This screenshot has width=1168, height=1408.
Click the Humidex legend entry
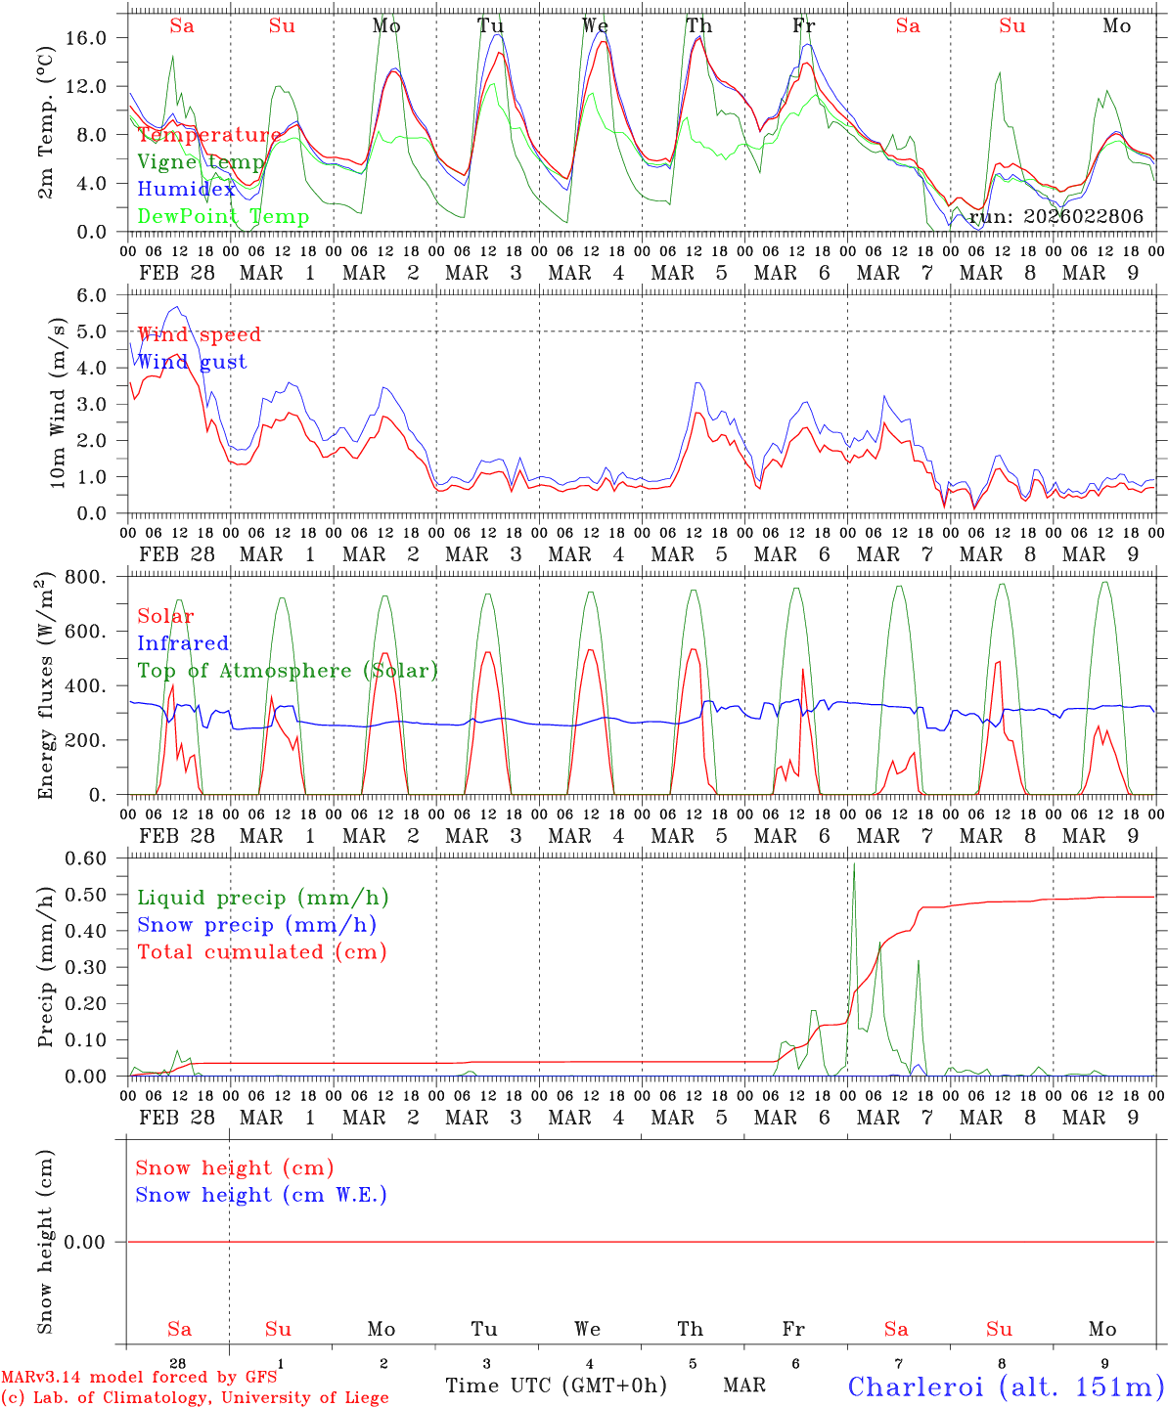coord(186,190)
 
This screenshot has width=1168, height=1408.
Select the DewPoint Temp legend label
coord(223,217)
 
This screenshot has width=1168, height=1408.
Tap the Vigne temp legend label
coord(201,162)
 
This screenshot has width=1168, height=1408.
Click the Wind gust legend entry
coord(192,362)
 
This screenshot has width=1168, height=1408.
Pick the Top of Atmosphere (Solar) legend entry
coord(288,671)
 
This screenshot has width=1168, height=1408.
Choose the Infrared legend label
coord(183,643)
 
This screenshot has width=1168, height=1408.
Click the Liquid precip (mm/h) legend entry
coord(263,898)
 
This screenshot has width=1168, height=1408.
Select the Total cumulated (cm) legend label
coord(262,952)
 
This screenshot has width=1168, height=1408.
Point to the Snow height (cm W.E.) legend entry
coord(261,1195)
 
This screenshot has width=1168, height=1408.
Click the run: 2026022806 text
coord(1056,217)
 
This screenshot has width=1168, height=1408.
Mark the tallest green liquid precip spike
coord(854,864)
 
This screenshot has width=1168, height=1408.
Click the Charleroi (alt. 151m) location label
coord(1006,1386)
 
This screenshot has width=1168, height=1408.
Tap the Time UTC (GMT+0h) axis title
coord(556,1386)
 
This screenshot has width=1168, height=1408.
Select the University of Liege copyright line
coord(195,1398)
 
